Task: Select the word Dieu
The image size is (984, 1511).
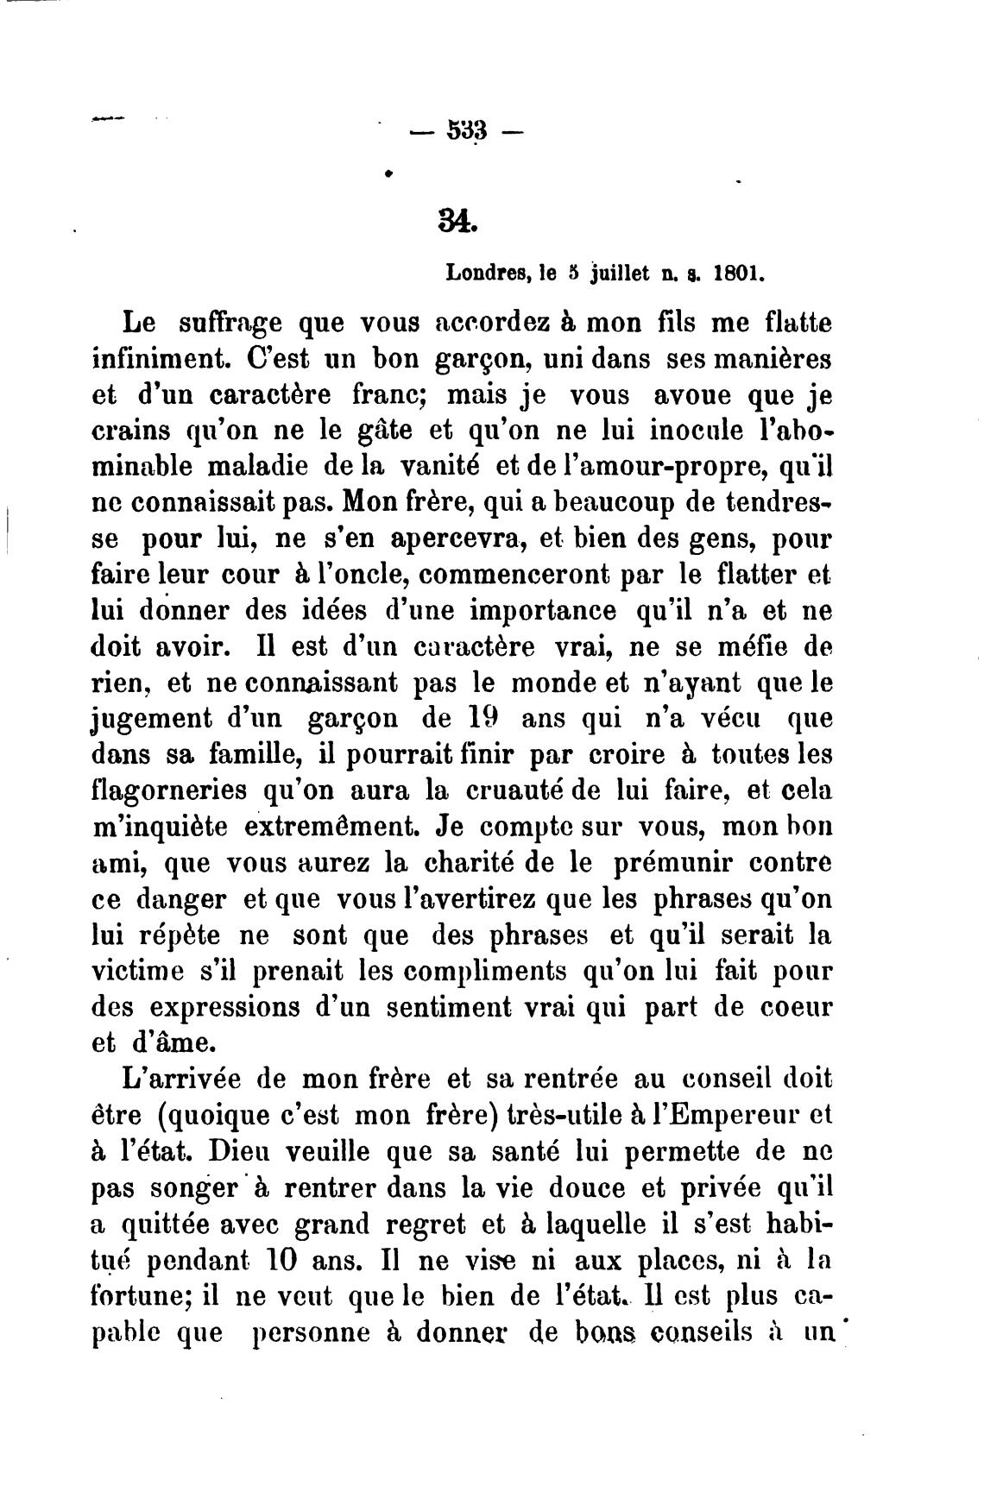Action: [x=258, y=1151]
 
